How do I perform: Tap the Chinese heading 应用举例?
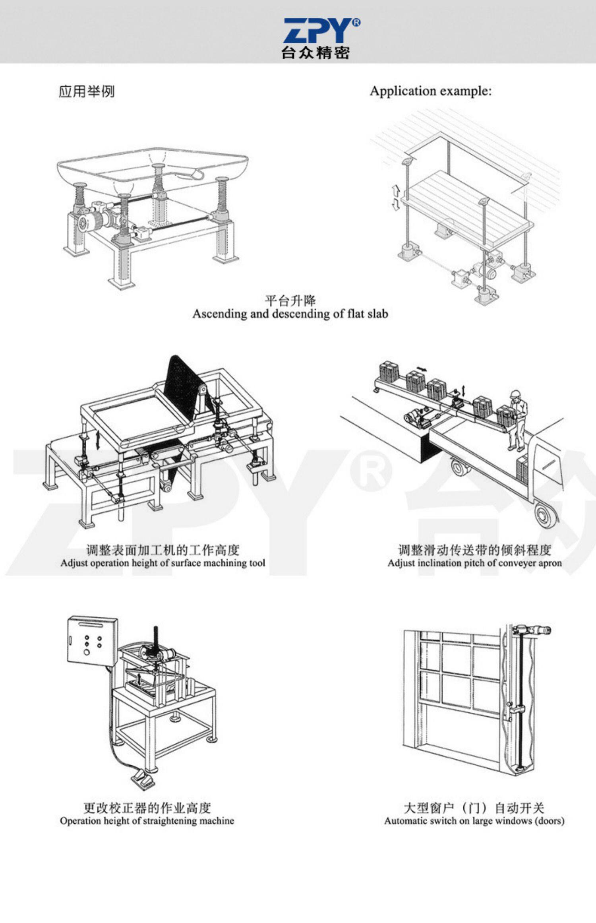coord(87,91)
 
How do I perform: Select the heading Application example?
coord(431,91)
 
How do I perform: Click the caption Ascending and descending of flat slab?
coord(290,314)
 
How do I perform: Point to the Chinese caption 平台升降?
coord(290,300)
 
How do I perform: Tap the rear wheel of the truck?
coord(546,516)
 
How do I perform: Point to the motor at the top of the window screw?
coord(532,630)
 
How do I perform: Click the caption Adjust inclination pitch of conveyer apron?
coord(474,563)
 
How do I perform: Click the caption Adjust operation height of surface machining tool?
coord(163,563)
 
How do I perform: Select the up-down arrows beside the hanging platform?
coord(396,198)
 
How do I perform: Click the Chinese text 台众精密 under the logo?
coord(315,53)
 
